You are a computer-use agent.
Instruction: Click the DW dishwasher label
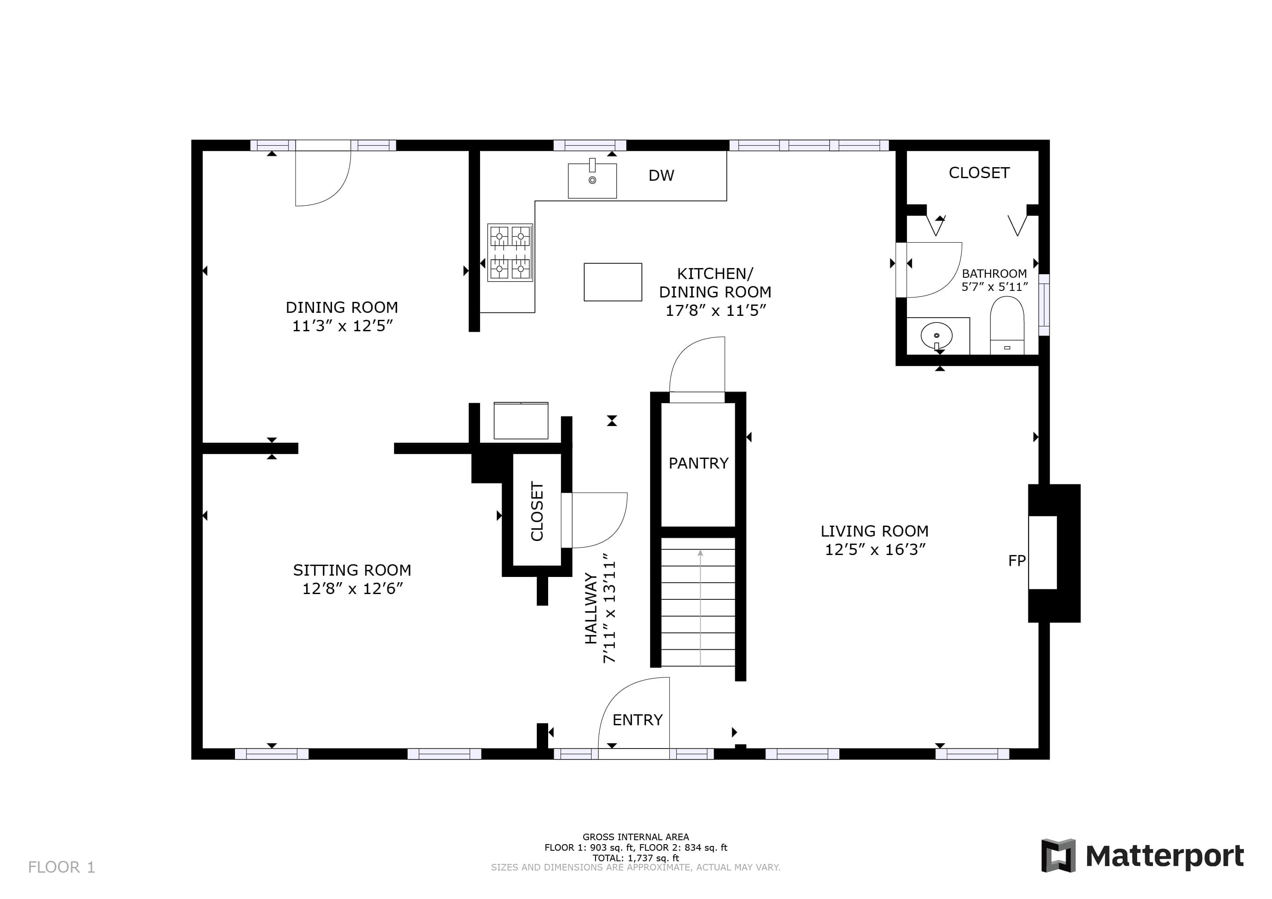tap(661, 176)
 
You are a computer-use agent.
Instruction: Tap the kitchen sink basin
tap(592, 180)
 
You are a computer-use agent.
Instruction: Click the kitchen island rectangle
tap(613, 282)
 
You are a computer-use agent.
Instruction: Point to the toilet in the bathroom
tap(1007, 326)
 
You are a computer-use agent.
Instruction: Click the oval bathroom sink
tap(936, 336)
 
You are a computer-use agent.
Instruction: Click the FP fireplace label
tap(1017, 561)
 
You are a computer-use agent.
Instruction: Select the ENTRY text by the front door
tap(637, 720)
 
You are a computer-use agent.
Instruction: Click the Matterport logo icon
tap(1058, 855)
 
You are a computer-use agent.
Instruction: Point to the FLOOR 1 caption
tap(61, 867)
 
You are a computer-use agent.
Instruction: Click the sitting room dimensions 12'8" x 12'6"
tap(352, 588)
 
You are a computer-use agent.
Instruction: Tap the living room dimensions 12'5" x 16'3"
tap(875, 550)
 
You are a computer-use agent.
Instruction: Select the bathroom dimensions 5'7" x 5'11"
tap(994, 287)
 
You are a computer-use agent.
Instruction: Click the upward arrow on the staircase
tap(700, 607)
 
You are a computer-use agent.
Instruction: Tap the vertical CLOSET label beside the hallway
tap(537, 511)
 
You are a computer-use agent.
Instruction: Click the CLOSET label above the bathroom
tap(979, 173)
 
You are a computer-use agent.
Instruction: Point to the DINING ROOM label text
tap(342, 307)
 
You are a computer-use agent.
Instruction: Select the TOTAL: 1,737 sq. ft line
tap(636, 858)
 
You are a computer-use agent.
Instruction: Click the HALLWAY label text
tap(591, 609)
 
